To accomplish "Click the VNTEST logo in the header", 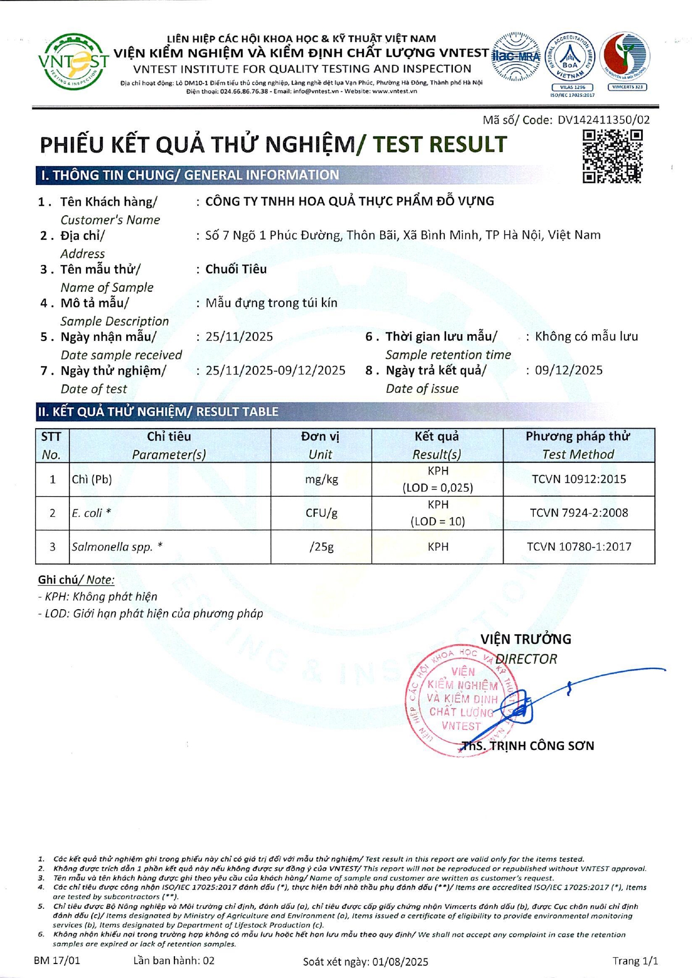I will (x=73, y=62).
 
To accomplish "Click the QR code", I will (x=612, y=156).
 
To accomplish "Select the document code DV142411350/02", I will (x=603, y=120).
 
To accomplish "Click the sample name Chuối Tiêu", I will (x=236, y=269).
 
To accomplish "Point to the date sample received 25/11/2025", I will (x=239, y=336).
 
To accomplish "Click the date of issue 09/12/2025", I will (x=568, y=370).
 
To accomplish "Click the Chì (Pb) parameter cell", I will (x=92, y=479).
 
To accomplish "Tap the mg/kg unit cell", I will (x=321, y=479).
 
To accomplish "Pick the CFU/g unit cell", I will (x=321, y=512).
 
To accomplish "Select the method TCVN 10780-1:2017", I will (x=579, y=547).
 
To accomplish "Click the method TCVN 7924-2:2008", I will (x=579, y=512).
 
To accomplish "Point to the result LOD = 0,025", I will (x=438, y=487).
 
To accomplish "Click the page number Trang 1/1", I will (x=635, y=961).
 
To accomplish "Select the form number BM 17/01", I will (x=57, y=960).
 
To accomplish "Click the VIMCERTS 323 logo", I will (x=625, y=61).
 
